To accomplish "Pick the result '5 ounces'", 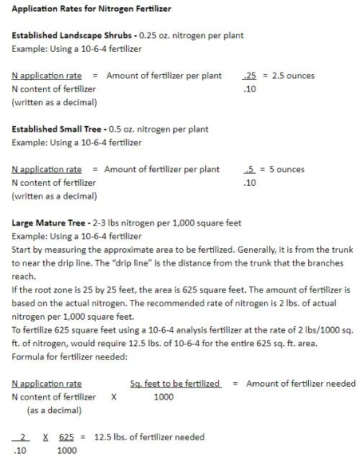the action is coord(287,170).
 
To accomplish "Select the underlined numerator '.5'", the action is coord(251,170).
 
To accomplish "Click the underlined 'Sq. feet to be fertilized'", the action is coord(175,384).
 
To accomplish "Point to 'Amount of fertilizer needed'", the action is coord(301,384).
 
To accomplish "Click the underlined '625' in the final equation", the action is coord(66,437).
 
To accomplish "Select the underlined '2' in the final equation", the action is coord(24,437).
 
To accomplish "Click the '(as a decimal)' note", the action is coord(54,410).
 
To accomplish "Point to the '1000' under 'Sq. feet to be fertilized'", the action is coord(164,397).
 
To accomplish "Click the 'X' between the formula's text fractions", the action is coord(113,397).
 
